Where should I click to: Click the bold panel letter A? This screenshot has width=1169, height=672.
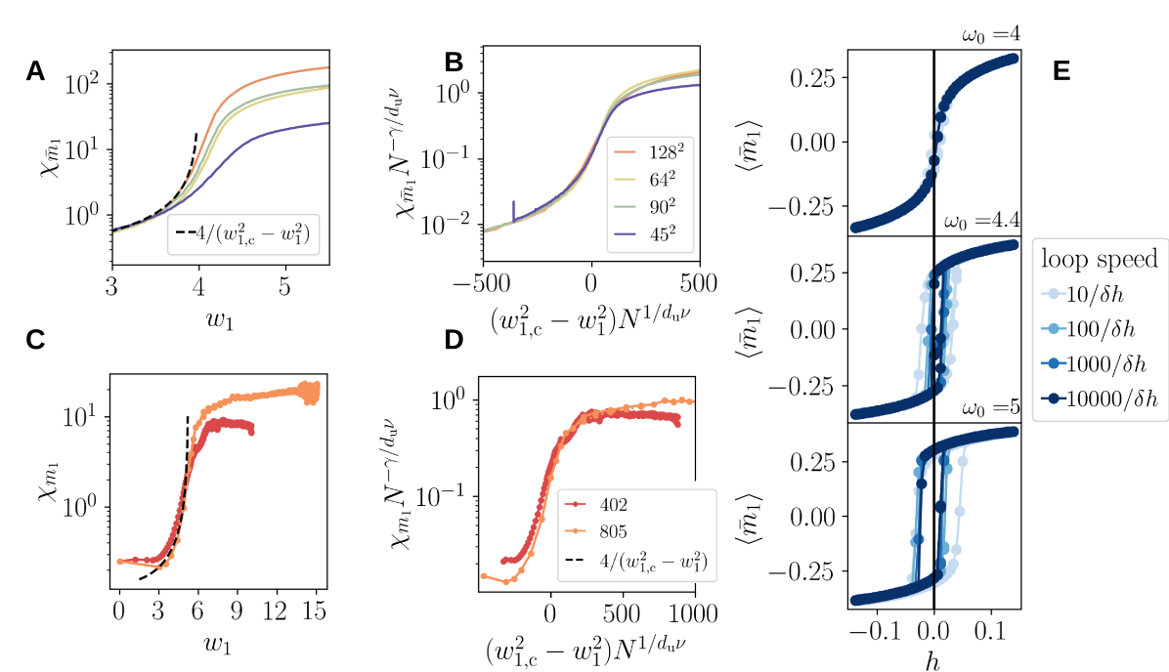click(x=35, y=70)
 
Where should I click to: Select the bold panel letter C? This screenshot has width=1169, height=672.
click(x=35, y=341)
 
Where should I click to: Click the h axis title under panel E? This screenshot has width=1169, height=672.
click(x=933, y=659)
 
